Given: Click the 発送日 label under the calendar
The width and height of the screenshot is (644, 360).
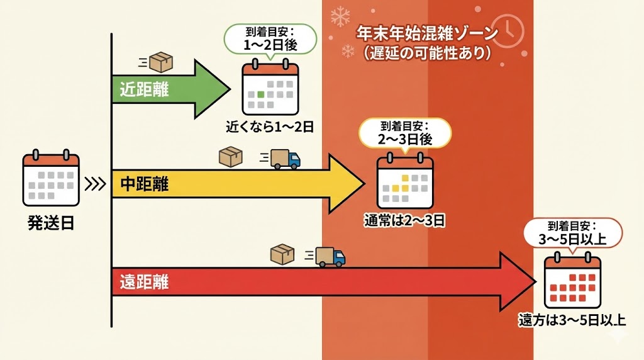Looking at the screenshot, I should point(50,222).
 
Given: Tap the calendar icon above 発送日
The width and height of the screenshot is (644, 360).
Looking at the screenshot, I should point(51,179).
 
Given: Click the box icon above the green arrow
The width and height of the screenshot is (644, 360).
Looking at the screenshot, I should point(161,62).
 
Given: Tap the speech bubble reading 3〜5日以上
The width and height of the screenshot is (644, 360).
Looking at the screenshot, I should point(573,233).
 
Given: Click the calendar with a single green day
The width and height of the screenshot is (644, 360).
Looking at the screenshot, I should point(270,88).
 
